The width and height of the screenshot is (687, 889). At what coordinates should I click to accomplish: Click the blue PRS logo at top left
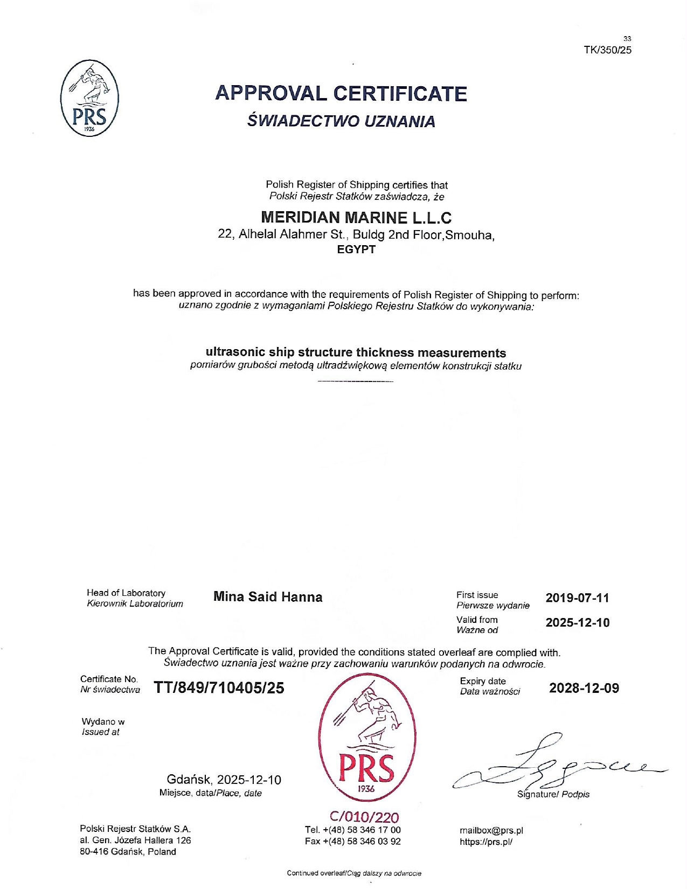point(89,98)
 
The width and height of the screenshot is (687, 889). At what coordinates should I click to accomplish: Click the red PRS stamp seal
point(367,738)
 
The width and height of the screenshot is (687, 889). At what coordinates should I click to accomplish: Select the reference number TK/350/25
point(607,50)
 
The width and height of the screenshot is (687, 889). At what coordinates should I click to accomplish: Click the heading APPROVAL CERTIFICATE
point(341,93)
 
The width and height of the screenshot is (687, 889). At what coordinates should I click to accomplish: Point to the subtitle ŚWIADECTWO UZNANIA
point(341,121)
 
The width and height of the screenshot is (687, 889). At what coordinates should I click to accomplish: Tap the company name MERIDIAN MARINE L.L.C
point(356,217)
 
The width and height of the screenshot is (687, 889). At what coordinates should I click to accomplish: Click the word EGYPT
point(356,249)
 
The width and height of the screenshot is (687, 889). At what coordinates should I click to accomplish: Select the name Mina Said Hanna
point(268,597)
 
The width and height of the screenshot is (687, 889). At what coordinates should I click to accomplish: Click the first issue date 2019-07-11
point(577,598)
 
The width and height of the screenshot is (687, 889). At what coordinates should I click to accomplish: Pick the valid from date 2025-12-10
point(577,623)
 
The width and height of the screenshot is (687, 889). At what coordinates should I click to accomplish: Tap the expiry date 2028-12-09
point(584,688)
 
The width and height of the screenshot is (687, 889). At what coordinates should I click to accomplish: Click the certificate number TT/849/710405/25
point(219,688)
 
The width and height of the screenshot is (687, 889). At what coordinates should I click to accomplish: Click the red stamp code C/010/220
point(364,817)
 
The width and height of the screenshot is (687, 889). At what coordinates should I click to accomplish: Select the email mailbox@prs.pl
point(491,830)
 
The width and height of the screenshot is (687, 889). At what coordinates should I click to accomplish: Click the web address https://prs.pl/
point(486,842)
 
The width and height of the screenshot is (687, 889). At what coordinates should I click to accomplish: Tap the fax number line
point(352,842)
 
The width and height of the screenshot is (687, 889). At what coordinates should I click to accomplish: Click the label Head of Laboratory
point(126,593)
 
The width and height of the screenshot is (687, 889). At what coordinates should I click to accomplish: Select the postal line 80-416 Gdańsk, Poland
point(128,852)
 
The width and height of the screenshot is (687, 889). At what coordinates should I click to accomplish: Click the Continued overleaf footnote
point(354,873)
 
